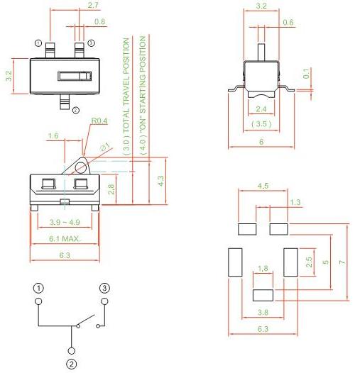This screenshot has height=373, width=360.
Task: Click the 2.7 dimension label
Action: tap(93, 5)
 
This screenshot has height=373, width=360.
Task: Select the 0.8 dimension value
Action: tap(99, 22)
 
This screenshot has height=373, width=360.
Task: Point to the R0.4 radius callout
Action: tap(99, 121)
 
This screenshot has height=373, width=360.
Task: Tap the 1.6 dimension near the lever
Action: tap(53, 136)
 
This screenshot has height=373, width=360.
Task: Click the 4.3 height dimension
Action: tap(160, 181)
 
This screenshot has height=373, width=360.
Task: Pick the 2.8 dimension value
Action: tap(111, 189)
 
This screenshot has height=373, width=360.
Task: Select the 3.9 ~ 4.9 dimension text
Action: tap(65, 222)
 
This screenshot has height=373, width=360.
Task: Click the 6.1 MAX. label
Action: tap(65, 238)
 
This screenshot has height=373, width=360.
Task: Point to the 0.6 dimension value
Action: tap(288, 23)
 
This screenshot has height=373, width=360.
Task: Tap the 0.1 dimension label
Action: tap(306, 73)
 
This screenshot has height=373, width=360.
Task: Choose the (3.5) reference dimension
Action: tap(261, 124)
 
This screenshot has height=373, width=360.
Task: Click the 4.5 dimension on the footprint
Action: tap(263, 186)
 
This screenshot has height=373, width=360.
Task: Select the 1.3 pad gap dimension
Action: tap(295, 202)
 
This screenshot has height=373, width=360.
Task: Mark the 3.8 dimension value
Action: tap(263, 312)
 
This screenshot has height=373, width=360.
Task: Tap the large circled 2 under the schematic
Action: tap(71, 364)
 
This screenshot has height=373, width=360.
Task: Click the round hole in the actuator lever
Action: tap(81, 167)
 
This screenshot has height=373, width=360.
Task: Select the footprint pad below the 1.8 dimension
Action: tap(263, 295)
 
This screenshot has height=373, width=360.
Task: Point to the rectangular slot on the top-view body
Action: tap(75, 76)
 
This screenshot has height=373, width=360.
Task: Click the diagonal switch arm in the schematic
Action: tap(86, 321)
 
